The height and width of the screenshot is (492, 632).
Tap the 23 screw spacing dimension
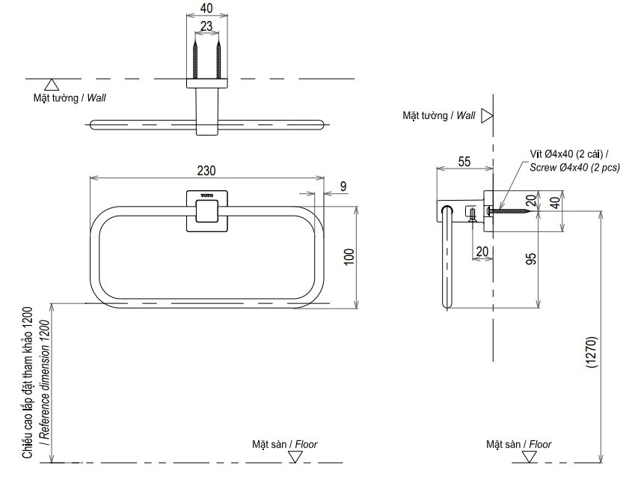pos(206,26)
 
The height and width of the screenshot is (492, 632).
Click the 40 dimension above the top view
pos(206,8)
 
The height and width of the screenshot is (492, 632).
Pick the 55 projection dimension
pos(463,162)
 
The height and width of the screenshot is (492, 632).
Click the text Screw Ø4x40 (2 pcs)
pos(574,168)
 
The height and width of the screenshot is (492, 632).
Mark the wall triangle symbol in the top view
pos(52,85)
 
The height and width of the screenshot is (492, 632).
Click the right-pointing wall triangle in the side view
pos(487,115)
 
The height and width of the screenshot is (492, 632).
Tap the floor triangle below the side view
pos(530,455)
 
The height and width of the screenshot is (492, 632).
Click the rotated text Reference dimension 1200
pos(45,382)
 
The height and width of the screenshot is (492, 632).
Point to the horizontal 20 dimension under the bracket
pos(481,251)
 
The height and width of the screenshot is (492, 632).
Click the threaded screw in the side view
pos(512,212)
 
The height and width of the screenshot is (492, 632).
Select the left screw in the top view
pos(195,59)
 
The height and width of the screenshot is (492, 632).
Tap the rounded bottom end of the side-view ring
pos(448,304)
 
